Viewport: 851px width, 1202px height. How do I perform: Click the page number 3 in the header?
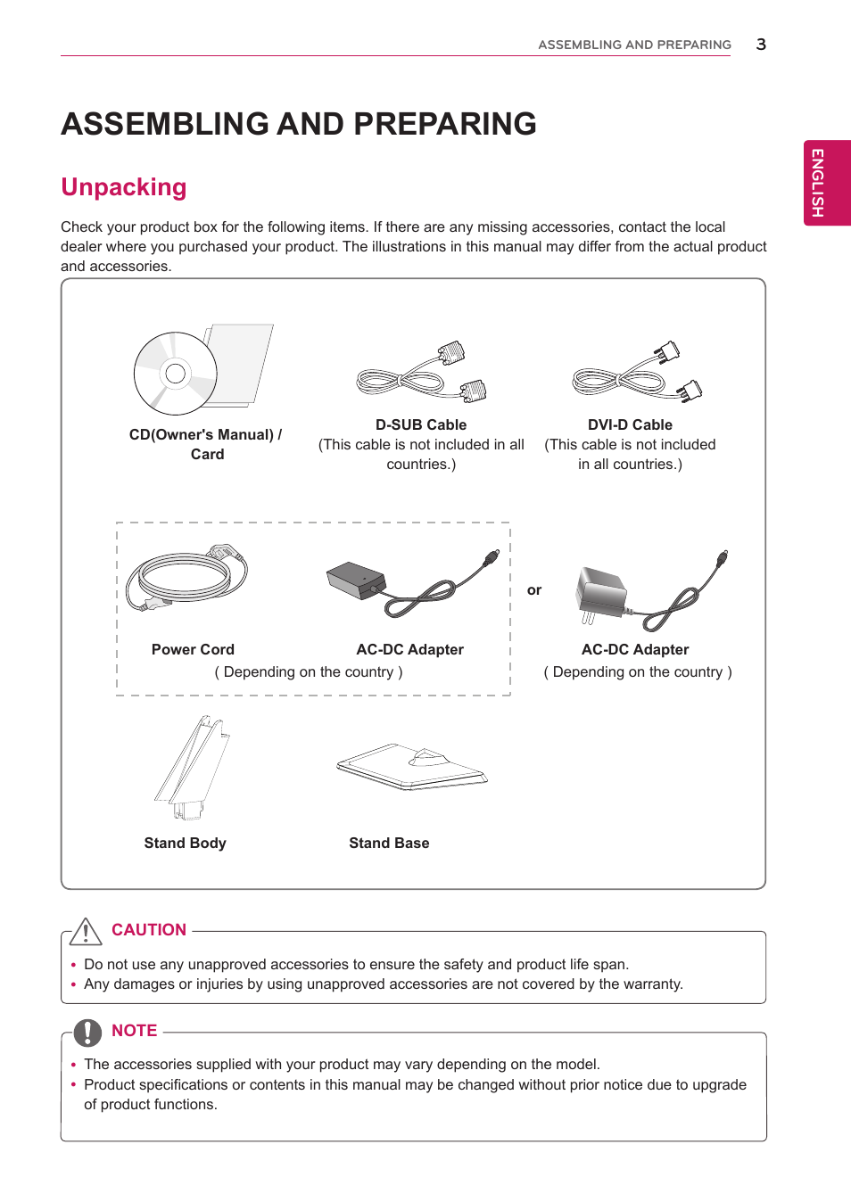(761, 45)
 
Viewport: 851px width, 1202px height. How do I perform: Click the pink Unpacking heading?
(124, 187)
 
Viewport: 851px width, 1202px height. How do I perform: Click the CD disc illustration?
(176, 374)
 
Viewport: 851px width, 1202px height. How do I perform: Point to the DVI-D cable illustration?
(637, 374)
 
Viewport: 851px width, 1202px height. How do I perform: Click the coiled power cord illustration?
(186, 578)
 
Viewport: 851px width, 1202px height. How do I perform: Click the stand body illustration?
(193, 767)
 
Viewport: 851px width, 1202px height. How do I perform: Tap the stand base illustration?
(412, 767)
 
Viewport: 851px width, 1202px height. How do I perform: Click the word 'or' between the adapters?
(534, 590)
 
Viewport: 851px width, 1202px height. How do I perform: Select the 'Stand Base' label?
(389, 843)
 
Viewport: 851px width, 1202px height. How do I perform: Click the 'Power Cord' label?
(193, 649)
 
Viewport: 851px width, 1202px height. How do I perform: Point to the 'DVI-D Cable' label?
(630, 424)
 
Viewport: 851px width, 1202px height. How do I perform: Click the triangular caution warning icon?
(86, 932)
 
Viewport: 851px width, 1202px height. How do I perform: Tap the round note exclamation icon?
(87, 1032)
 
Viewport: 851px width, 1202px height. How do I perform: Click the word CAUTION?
(149, 930)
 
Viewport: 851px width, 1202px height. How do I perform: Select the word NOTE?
(134, 1031)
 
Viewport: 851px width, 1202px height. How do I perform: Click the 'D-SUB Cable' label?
(421, 424)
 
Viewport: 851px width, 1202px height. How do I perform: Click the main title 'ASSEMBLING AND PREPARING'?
(299, 124)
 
